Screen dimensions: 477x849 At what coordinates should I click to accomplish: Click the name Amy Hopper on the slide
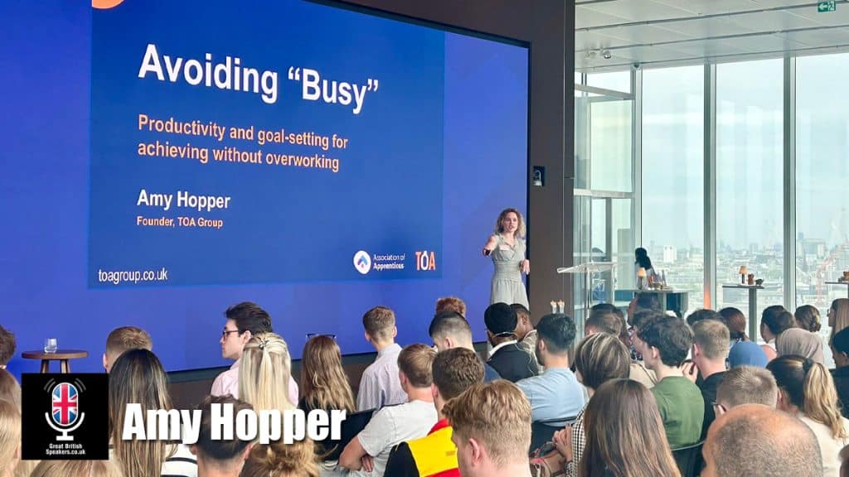coord(183,200)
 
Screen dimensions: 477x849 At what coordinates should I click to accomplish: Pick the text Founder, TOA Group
coord(180,222)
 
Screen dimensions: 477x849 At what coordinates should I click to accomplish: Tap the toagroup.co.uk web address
coord(133,276)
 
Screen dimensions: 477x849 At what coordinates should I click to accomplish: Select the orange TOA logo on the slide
coord(425,260)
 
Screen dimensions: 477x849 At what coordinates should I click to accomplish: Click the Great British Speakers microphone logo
coord(65,415)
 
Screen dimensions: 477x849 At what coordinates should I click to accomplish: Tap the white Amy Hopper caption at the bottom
coord(233,424)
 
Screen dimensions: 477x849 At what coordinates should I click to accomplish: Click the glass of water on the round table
coord(51,345)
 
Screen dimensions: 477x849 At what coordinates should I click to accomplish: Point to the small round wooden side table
coord(55,357)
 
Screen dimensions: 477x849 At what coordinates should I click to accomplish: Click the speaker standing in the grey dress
coord(507,257)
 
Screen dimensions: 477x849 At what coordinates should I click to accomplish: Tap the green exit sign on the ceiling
coord(826,7)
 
